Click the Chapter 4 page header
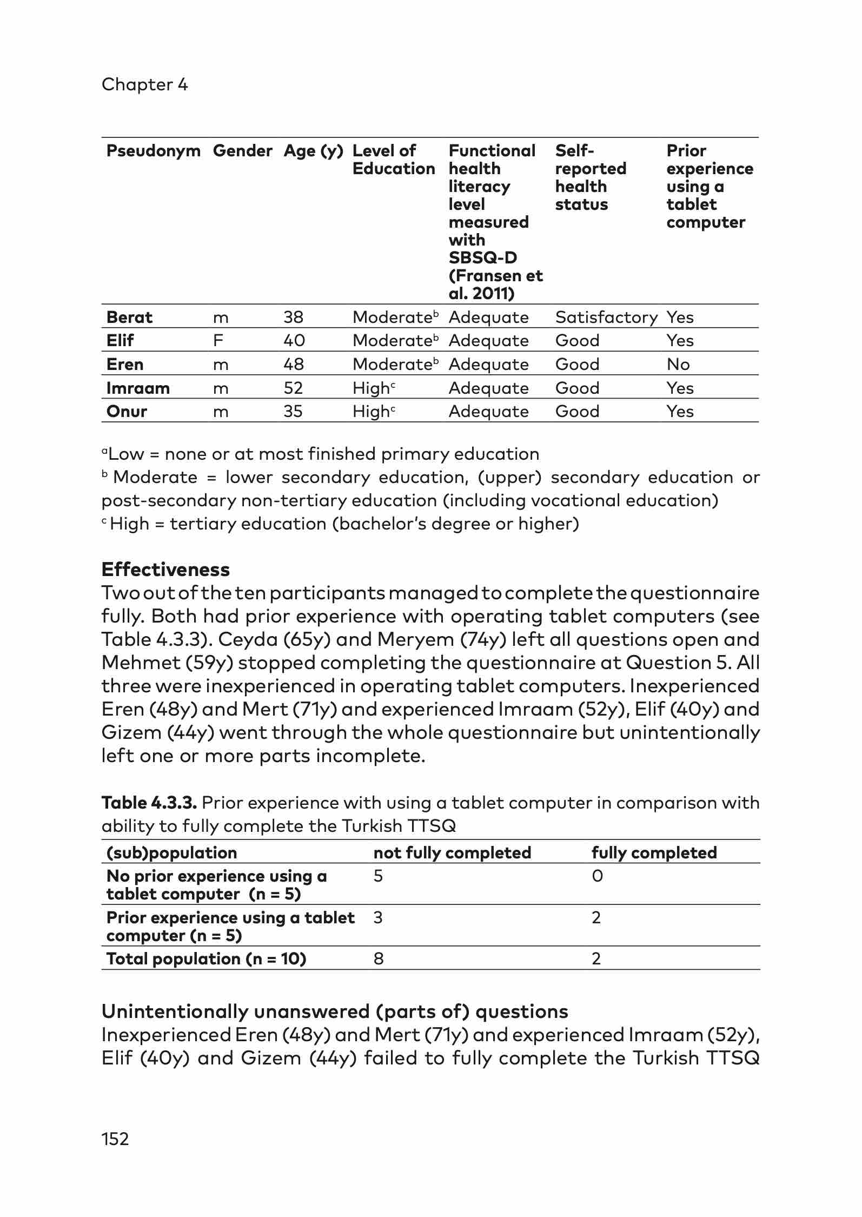[x=144, y=84]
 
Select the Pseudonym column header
[x=153, y=151]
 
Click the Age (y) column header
[x=313, y=151]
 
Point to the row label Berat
[x=129, y=317]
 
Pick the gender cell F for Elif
[x=218, y=340]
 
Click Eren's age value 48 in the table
[x=294, y=364]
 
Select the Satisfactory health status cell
[x=606, y=317]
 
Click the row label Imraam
[x=138, y=388]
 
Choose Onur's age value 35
[x=293, y=411]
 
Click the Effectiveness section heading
[x=165, y=570]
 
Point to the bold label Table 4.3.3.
[x=149, y=803]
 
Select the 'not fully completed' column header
[x=452, y=852]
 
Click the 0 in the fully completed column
[x=596, y=876]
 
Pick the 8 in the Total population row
[x=379, y=958]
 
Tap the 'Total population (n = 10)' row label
[x=206, y=958]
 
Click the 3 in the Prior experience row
[x=378, y=917]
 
